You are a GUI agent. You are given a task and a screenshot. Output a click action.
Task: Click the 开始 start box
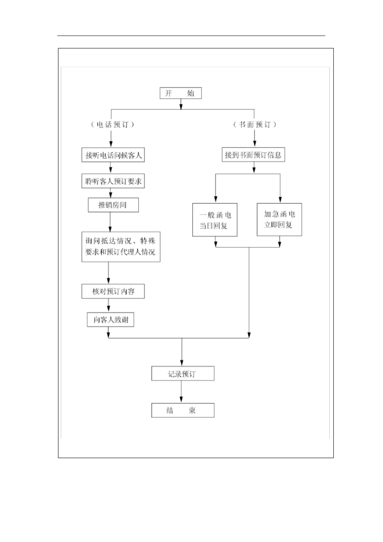pyautogui.click(x=181, y=93)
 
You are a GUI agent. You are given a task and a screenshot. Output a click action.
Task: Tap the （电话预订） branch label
pyautogui.click(x=112, y=125)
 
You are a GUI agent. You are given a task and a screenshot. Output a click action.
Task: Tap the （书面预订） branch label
pyautogui.click(x=255, y=125)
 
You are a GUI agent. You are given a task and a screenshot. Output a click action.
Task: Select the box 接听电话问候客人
pyautogui.click(x=113, y=155)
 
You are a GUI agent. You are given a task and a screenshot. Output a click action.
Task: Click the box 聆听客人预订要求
pyautogui.click(x=113, y=181)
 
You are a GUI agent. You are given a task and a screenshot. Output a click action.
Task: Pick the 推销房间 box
pyautogui.click(x=113, y=205)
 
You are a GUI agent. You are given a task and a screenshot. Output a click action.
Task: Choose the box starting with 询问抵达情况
pyautogui.click(x=121, y=247)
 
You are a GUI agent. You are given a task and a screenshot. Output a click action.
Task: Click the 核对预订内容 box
pyautogui.click(x=113, y=291)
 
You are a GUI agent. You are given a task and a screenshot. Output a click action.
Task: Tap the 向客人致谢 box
pyautogui.click(x=110, y=320)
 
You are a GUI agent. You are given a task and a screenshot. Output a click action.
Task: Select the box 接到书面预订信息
pyautogui.click(x=253, y=155)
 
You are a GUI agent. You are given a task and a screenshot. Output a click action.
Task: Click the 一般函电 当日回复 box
pyautogui.click(x=214, y=220)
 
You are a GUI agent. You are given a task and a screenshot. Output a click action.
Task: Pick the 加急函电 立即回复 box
pyautogui.click(x=279, y=220)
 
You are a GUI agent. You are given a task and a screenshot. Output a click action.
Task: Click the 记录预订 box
pyautogui.click(x=183, y=374)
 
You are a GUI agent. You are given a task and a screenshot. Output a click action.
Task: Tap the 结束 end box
pyautogui.click(x=183, y=410)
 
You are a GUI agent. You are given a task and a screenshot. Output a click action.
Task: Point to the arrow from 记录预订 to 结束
pyautogui.click(x=181, y=392)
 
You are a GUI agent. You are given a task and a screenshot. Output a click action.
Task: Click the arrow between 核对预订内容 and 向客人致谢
pyautogui.click(x=108, y=305)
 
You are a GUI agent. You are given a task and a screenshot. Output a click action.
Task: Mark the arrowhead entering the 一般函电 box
pyautogui.click(x=216, y=199)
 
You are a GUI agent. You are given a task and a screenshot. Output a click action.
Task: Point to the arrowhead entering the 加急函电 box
pyautogui.click(x=280, y=199)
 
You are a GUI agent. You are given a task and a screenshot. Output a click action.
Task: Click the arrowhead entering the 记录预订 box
pyautogui.click(x=182, y=363)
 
